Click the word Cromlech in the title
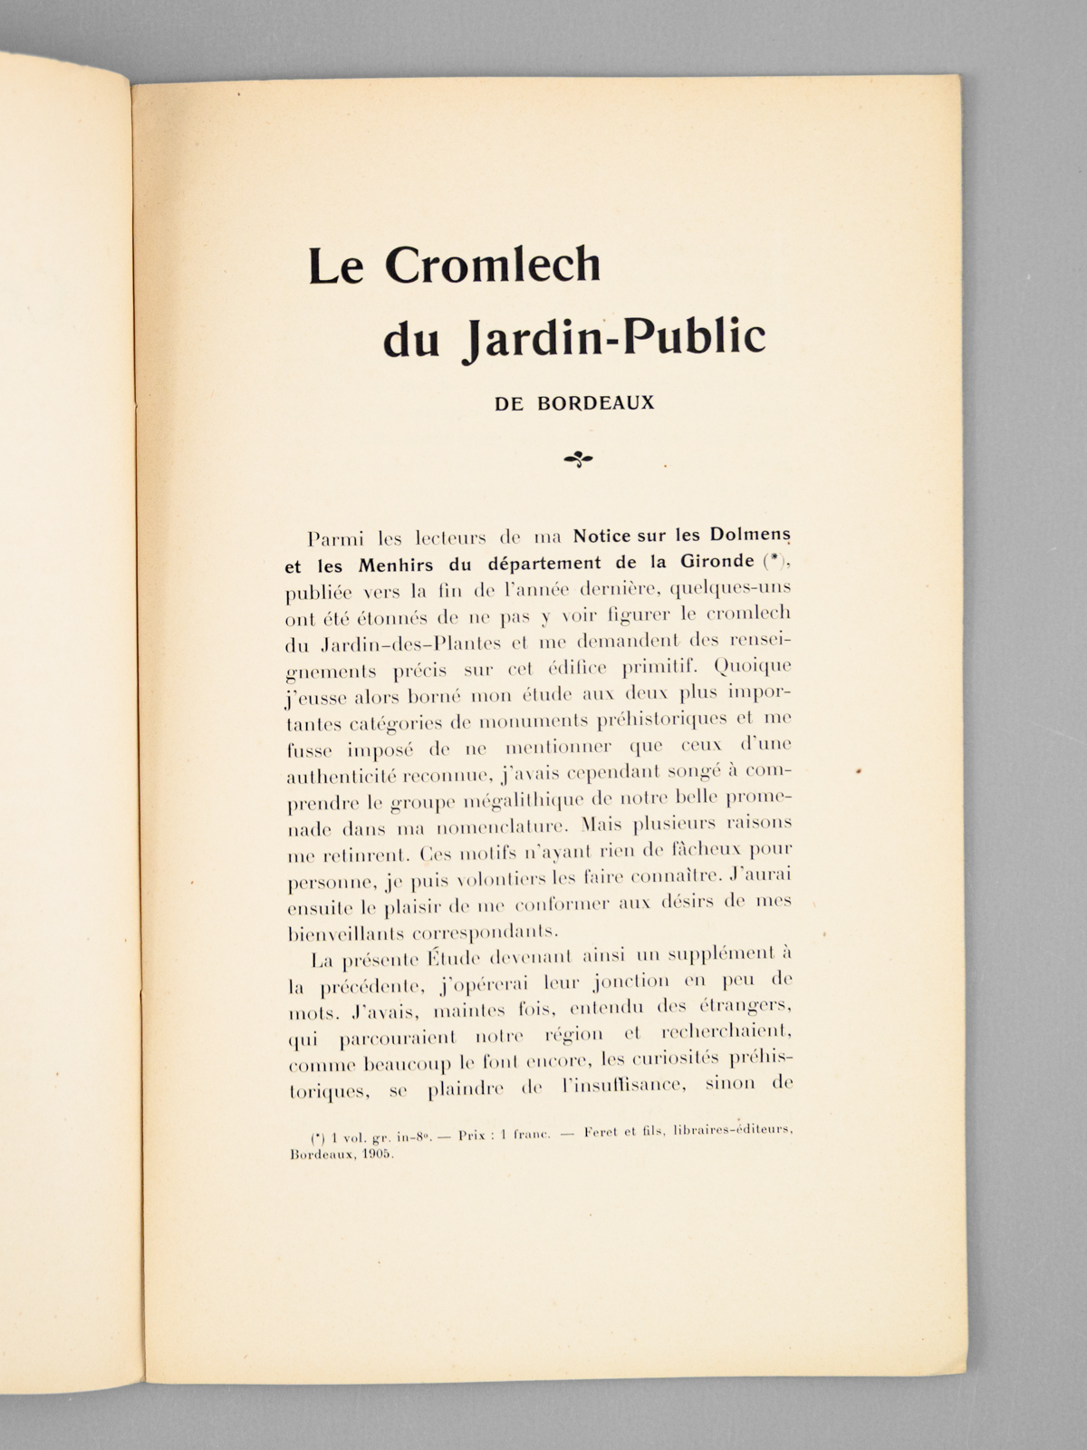pyautogui.click(x=494, y=265)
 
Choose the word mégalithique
pyautogui.click(x=521, y=801)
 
